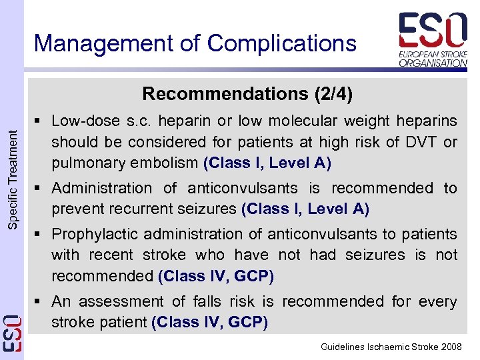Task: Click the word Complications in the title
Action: tap(282, 44)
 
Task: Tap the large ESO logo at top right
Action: tap(433, 30)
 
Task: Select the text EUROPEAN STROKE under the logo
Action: tap(433, 54)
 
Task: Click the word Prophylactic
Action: tap(90, 235)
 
